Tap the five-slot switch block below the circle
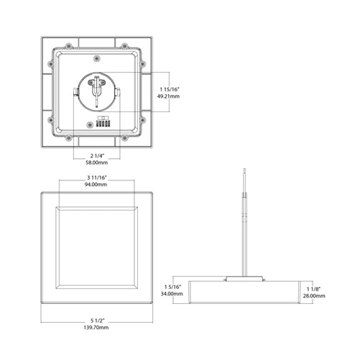pos(102,123)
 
